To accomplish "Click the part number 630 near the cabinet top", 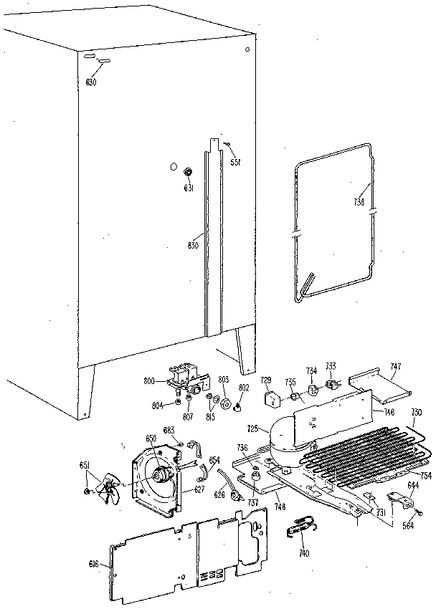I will (90, 82).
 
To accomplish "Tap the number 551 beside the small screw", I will (234, 162).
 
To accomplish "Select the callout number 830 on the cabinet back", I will (192, 245).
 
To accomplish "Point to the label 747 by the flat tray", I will (395, 367).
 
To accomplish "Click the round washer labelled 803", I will (224, 406).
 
